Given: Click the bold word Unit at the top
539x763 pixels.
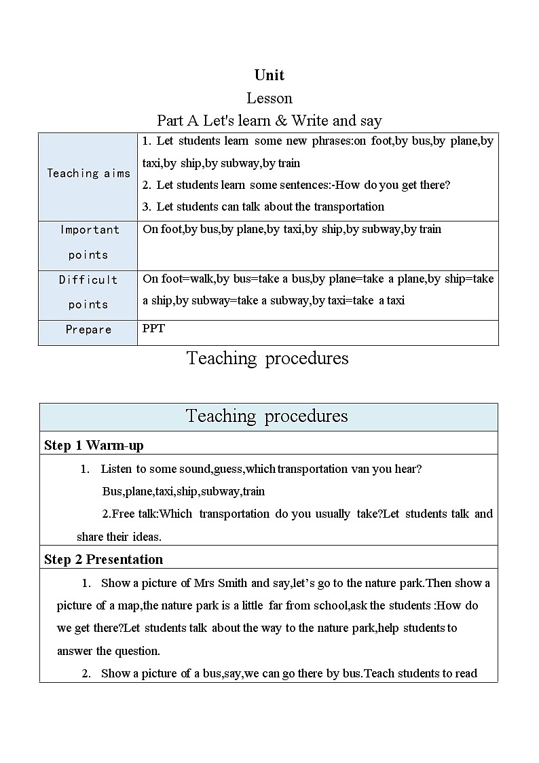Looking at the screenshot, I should (x=269, y=75).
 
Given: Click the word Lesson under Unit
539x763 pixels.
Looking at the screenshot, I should (x=269, y=99).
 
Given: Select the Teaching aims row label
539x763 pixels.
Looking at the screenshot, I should (x=88, y=173).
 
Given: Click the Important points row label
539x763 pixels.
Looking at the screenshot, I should (x=89, y=242).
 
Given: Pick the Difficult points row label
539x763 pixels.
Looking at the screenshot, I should (x=88, y=292).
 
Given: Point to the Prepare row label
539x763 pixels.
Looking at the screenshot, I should (x=88, y=330).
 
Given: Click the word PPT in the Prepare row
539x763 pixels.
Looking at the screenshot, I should (x=153, y=329).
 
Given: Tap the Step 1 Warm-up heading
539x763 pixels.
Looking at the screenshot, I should (x=94, y=446).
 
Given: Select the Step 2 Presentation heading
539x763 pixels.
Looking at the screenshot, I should (x=103, y=560).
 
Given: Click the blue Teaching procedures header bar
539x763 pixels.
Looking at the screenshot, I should (x=267, y=416).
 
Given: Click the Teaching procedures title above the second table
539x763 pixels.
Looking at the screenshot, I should (x=267, y=358).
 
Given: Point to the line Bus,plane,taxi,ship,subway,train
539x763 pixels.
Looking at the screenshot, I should (x=183, y=491).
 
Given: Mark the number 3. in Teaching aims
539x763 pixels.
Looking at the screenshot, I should (x=147, y=207).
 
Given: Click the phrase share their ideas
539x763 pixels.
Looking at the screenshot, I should (x=119, y=537).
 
